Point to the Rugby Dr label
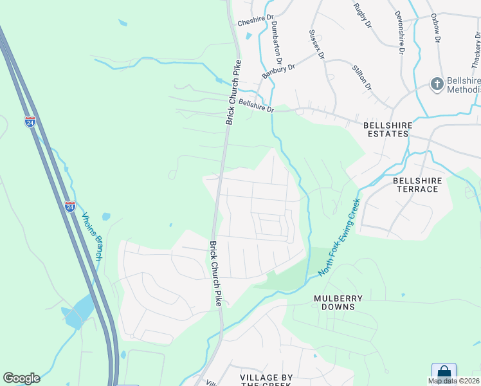pyautogui.click(x=363, y=15)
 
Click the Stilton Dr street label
pyautogui.click(x=362, y=77)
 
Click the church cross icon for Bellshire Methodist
pyautogui.click(x=436, y=84)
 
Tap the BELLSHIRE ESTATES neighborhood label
pyautogui.click(x=386, y=129)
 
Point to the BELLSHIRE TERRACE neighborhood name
pyautogui.click(x=417, y=185)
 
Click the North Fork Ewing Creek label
pyautogui.click(x=340, y=237)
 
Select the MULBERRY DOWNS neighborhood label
pyautogui.click(x=338, y=302)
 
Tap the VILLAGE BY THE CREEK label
pyautogui.click(x=266, y=380)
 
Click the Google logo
pyautogui.click(x=21, y=378)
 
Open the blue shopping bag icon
pyautogui.click(x=444, y=372)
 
